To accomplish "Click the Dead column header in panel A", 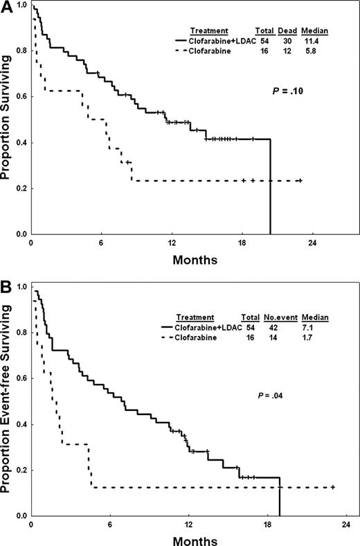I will pos(287,32).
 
